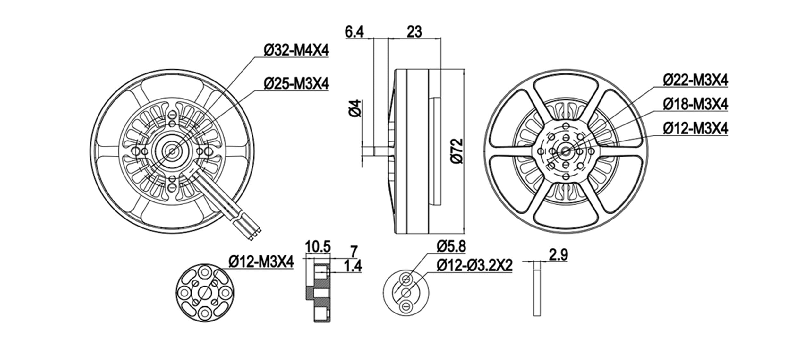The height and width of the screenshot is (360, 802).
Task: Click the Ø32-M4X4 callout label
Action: [296, 50]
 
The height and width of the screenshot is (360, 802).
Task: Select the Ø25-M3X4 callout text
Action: [296, 84]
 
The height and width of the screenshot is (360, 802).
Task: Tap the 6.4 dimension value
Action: [354, 32]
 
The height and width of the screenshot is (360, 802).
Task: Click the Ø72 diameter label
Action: [456, 151]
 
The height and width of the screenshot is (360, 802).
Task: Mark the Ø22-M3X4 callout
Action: [695, 80]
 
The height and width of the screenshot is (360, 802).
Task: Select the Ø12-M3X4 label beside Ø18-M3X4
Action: [695, 129]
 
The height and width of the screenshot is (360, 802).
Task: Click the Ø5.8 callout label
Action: [451, 247]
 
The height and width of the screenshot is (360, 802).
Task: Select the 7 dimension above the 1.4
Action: [354, 251]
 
